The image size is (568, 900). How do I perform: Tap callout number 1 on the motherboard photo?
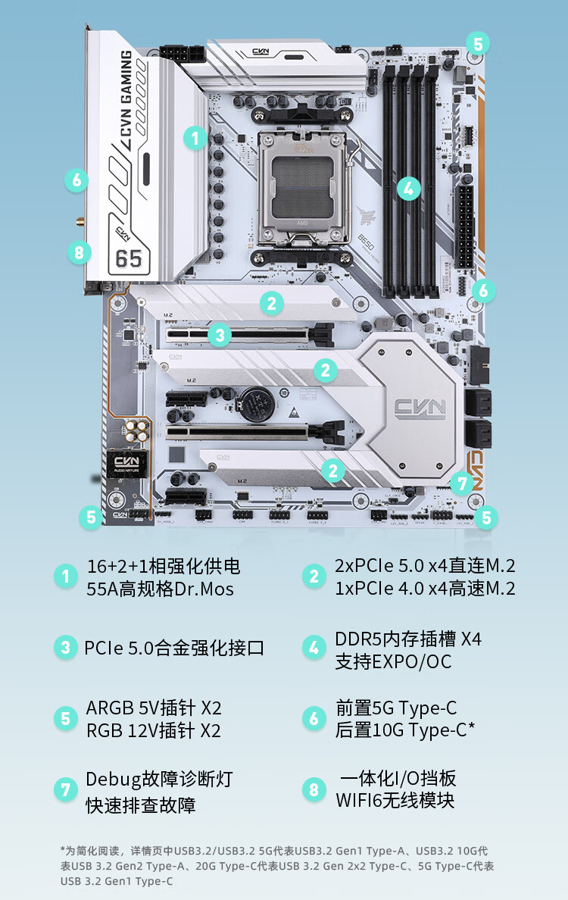pyautogui.click(x=195, y=138)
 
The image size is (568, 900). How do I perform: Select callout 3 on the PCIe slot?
pyautogui.click(x=220, y=335)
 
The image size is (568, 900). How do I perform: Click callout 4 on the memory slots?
pyautogui.click(x=408, y=188)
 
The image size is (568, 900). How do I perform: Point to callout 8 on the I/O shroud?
pyautogui.click(x=79, y=252)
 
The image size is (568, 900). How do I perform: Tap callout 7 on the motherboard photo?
pyautogui.click(x=461, y=483)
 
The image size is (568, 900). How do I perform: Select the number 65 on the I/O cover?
pyautogui.click(x=129, y=258)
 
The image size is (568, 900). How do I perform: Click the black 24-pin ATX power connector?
pyautogui.click(x=465, y=224)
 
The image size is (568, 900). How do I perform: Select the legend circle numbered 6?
pyautogui.click(x=314, y=718)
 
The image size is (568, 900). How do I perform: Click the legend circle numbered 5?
pyautogui.click(x=66, y=718)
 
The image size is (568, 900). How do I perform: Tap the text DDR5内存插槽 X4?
pyautogui.click(x=407, y=638)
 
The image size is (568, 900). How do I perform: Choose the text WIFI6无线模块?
pyautogui.click(x=395, y=800)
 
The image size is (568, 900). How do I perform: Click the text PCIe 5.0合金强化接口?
pyautogui.click(x=174, y=648)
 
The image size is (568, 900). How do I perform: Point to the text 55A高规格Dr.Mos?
pyautogui.click(x=160, y=589)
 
